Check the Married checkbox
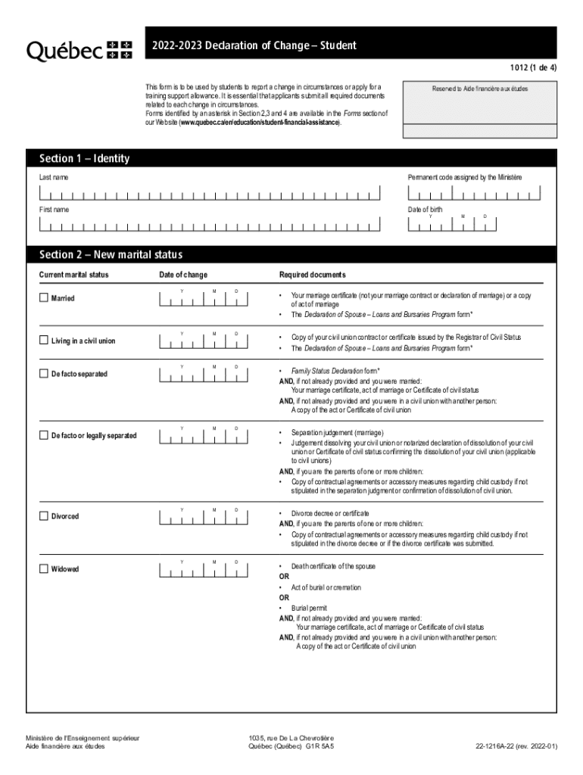pyautogui.click(x=44, y=298)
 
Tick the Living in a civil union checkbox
pyautogui.click(x=44, y=341)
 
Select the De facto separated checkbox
pyautogui.click(x=44, y=374)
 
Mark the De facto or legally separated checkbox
pyautogui.click(x=44, y=435)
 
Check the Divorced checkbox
pyautogui.click(x=44, y=516)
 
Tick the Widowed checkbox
pyautogui.click(x=44, y=568)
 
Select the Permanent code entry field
pyautogui.click(x=473, y=193)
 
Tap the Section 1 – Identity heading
pyautogui.click(x=84, y=158)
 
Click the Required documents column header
pyautogui.click(x=312, y=274)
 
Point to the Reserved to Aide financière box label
pyautogui.click(x=480, y=89)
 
